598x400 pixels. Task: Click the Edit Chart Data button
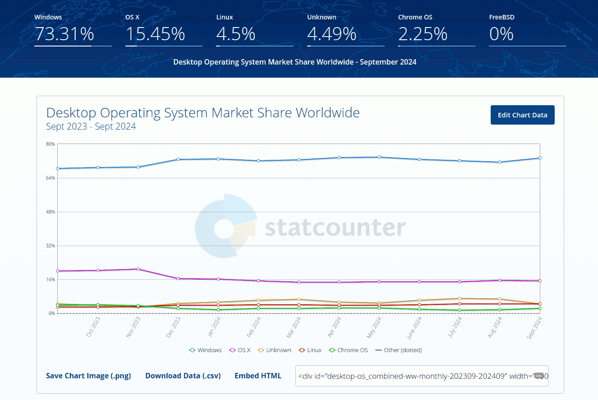pos(522,115)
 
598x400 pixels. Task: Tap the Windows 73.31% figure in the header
pos(64,34)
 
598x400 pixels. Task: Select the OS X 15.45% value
pos(155,34)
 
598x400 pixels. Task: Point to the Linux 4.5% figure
pos(236,34)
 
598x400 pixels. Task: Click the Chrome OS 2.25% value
pos(423,34)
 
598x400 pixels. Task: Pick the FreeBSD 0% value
pos(501,34)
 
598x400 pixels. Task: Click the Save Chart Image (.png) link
pos(88,376)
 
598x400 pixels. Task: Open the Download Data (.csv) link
pos(183,376)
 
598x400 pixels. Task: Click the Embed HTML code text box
pos(422,376)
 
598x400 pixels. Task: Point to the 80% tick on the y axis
pos(50,144)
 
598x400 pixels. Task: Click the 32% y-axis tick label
pos(50,246)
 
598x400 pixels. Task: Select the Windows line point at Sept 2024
pos(539,158)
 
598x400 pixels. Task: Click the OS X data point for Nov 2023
pos(138,269)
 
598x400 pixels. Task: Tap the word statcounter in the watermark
pos(335,228)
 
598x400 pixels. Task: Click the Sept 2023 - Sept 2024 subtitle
pos(91,126)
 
